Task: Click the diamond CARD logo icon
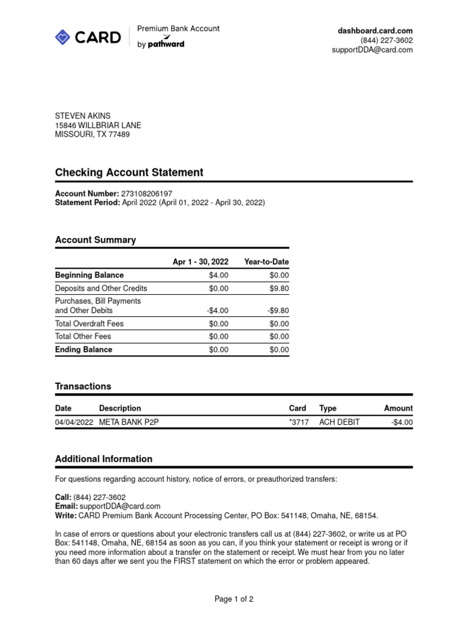coord(63,37)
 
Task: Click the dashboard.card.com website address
coord(375,31)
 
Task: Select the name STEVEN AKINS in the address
coord(83,116)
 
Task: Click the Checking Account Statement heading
coord(129,173)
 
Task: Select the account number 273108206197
coord(147,193)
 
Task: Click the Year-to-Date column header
coord(266,262)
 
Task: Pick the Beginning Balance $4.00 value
coord(218,275)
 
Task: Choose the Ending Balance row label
coord(83,350)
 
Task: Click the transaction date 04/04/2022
coord(74,422)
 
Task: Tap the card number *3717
coord(299,422)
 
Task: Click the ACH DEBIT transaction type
coord(339,422)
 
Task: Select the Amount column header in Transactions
coord(398,408)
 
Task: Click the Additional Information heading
coord(104,459)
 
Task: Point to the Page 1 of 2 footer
coord(234,599)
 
